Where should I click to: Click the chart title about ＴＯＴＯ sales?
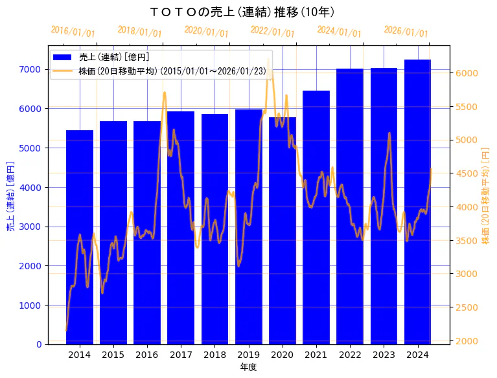242,12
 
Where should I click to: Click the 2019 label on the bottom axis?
248,355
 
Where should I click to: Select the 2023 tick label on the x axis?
384,355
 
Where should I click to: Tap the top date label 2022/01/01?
272,32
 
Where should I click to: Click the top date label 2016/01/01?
73,32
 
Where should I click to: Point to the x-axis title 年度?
248,367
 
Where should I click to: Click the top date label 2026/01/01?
406,32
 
